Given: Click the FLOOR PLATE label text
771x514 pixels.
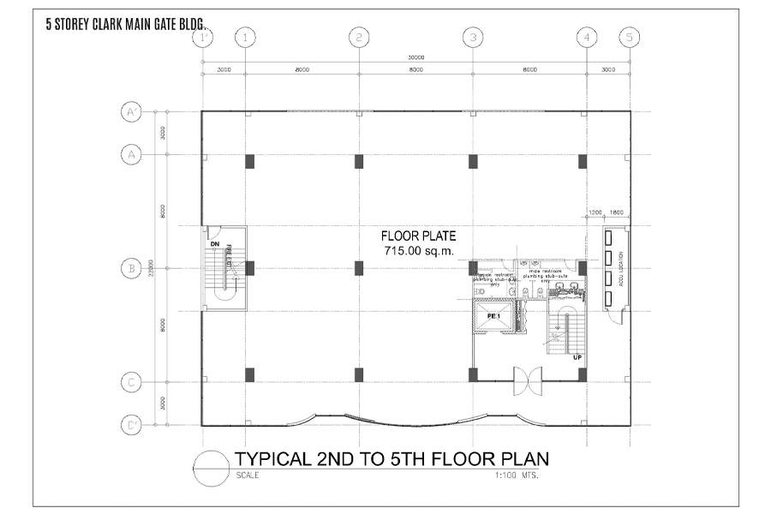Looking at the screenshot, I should (x=419, y=236).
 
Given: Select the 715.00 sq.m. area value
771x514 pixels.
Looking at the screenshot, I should (x=419, y=250).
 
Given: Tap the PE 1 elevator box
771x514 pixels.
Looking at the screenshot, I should (x=494, y=316).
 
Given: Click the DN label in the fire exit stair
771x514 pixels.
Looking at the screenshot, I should (x=215, y=244).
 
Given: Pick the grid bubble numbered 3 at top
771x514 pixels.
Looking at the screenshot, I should (x=473, y=37).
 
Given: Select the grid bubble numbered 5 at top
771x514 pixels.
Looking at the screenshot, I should (x=630, y=37).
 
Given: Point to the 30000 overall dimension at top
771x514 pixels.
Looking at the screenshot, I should (x=415, y=57).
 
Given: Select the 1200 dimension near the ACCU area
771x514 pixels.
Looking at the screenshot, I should (x=595, y=212).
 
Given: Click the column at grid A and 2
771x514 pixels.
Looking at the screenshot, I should (x=359, y=161).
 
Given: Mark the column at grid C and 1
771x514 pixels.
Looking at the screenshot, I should (x=249, y=374).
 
